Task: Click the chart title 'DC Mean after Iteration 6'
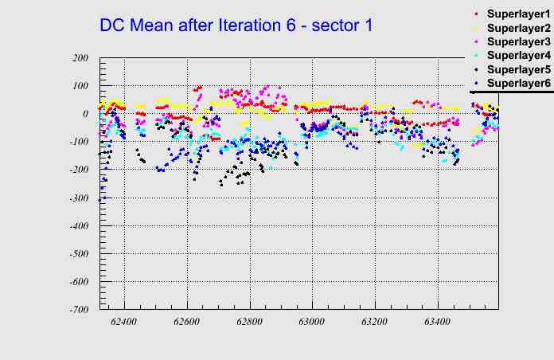tap(236, 25)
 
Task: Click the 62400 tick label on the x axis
tap(124, 322)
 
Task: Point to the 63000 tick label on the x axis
tap(311, 322)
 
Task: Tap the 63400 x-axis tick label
tap(436, 322)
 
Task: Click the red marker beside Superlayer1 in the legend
tap(475, 15)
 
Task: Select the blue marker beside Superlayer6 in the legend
tap(475, 83)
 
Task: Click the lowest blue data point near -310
tap(99, 200)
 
